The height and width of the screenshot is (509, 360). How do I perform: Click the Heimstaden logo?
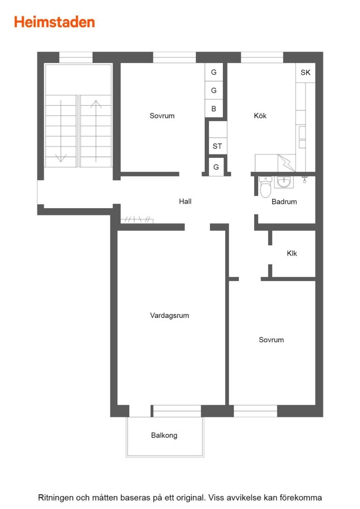54,22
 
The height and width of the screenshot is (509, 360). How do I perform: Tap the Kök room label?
260,115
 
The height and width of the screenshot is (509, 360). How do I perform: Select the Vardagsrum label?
169,315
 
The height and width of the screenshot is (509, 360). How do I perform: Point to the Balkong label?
164,435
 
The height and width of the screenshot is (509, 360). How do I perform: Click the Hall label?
185,201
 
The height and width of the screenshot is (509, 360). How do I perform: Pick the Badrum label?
284,201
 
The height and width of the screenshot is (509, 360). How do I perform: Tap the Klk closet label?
292,253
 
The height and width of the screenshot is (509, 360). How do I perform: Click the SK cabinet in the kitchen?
306,72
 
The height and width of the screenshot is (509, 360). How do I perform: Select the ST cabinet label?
217,146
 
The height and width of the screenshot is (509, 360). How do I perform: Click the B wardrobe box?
214,109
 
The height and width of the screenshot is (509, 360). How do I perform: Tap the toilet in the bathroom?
265,187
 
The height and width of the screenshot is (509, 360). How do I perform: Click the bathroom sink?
284,182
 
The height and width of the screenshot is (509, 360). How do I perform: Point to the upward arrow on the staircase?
96,131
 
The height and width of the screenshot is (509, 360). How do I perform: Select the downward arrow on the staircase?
61,131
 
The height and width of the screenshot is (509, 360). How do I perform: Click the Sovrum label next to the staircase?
162,115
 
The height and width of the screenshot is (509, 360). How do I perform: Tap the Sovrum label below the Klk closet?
271,340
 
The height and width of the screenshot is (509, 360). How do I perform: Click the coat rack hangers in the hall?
137,220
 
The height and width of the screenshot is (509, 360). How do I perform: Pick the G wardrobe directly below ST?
216,167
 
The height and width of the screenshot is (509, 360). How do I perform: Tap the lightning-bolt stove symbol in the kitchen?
286,163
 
